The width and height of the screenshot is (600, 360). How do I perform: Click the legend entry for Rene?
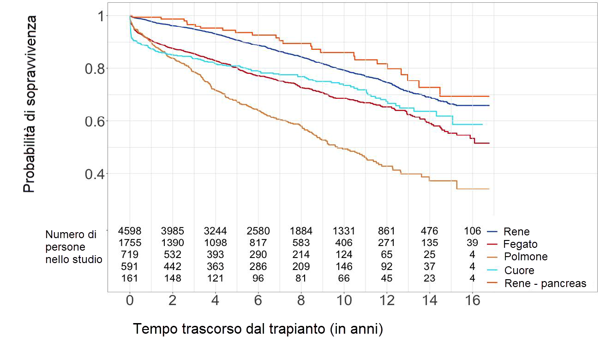(x=516, y=231)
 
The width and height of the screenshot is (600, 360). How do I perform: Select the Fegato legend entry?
(x=520, y=244)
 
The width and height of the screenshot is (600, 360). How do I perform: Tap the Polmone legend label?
(x=525, y=257)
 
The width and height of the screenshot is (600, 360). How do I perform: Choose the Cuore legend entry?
(x=519, y=270)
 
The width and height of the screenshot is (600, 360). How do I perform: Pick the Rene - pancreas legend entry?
(x=545, y=283)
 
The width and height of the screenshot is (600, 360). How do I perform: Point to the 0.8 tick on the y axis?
(x=96, y=69)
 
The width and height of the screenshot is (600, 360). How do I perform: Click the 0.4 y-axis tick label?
(x=96, y=174)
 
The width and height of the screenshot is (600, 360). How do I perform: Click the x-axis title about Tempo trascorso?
(x=258, y=329)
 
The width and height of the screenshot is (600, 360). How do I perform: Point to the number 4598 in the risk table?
(x=129, y=231)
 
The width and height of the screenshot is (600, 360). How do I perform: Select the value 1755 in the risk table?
(x=129, y=243)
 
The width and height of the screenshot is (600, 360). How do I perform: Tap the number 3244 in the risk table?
(x=215, y=231)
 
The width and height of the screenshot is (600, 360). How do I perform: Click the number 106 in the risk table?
(x=472, y=231)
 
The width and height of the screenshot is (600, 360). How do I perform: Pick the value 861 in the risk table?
(x=387, y=231)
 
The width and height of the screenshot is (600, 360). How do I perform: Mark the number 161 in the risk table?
(x=129, y=278)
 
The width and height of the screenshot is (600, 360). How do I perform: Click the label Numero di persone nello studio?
(x=73, y=247)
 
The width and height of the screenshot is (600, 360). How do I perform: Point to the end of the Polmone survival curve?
(x=488, y=189)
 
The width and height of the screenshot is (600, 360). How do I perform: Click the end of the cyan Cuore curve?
(x=482, y=124)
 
